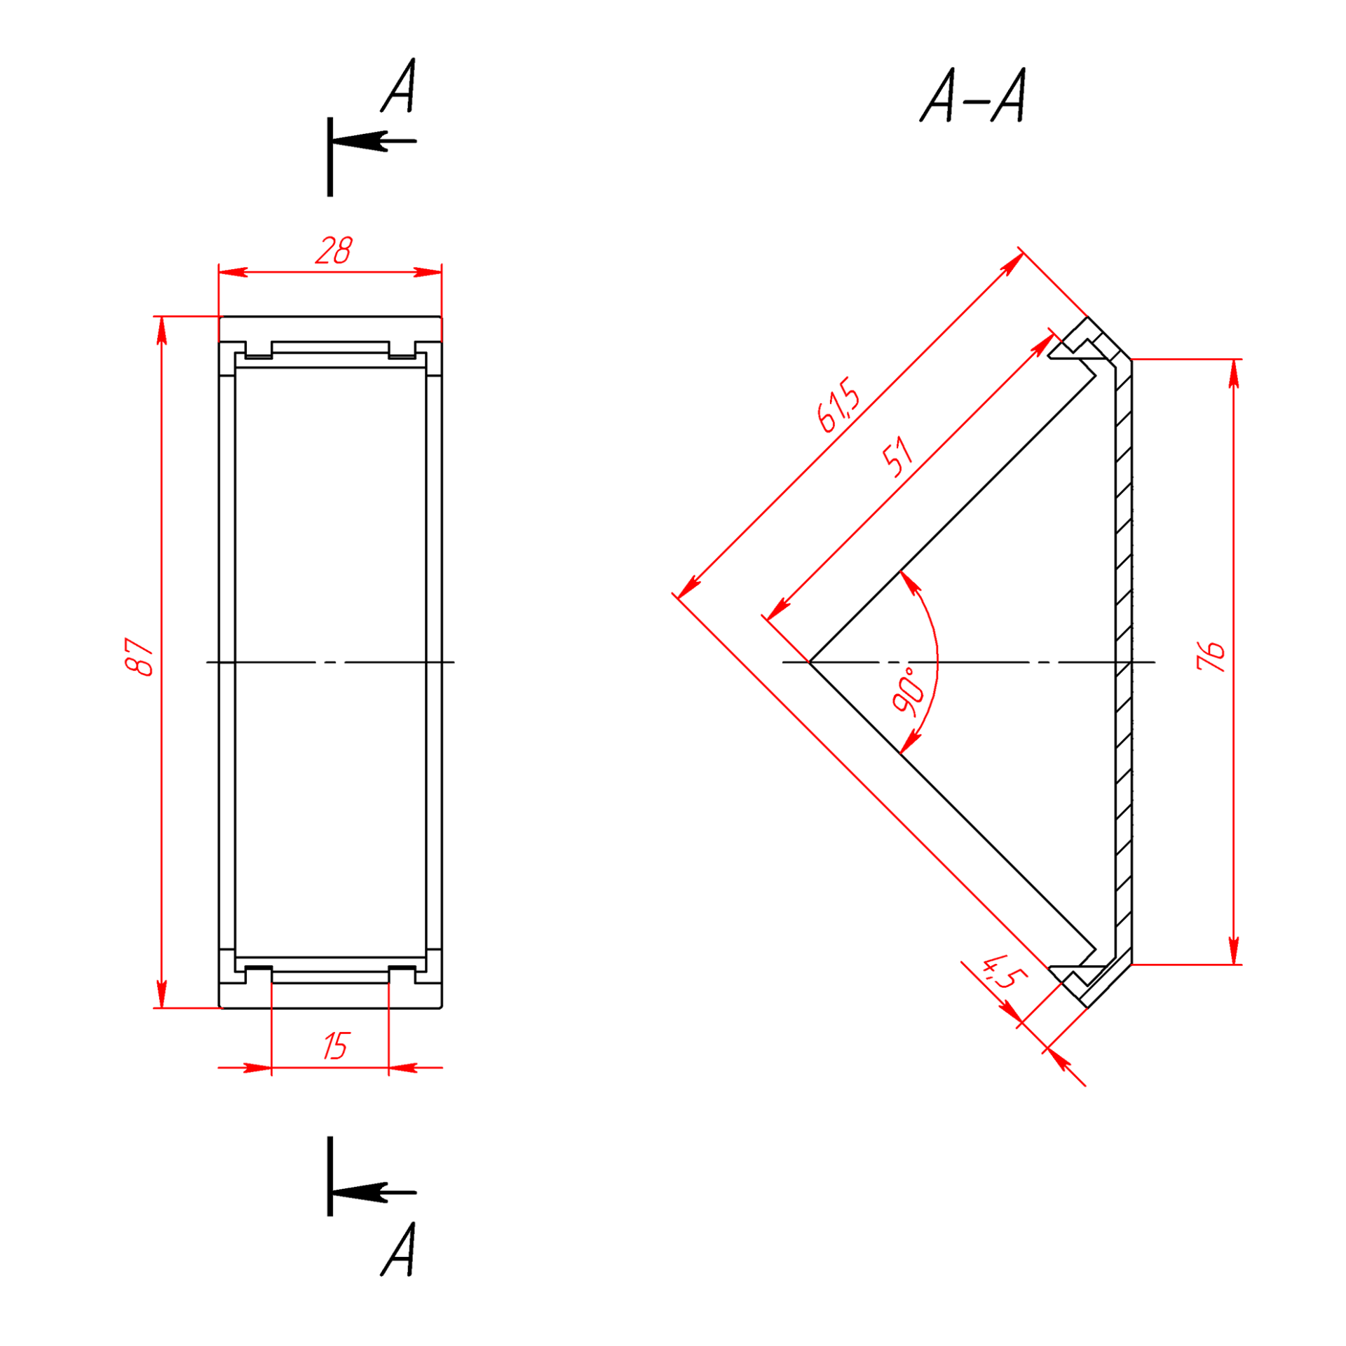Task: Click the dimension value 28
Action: coord(334,251)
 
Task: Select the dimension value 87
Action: coord(140,657)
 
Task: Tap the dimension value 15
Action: coord(336,1046)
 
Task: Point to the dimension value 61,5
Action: coord(838,405)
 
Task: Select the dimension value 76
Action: coord(1211,657)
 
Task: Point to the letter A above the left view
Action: coord(399,85)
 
